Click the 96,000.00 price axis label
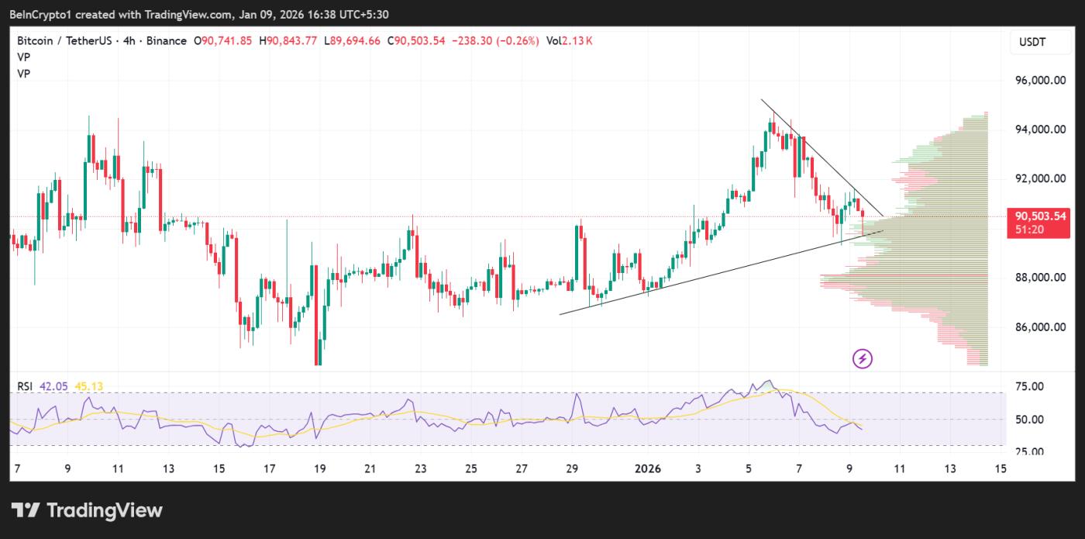1040,80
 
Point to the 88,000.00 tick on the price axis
1040,278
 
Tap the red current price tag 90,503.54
1038,216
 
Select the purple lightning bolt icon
863,358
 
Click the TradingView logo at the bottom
87,510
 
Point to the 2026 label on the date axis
647,468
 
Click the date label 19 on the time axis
319,468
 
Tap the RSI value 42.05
56,386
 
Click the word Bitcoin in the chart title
35,41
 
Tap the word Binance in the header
166,41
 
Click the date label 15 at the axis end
1001,468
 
